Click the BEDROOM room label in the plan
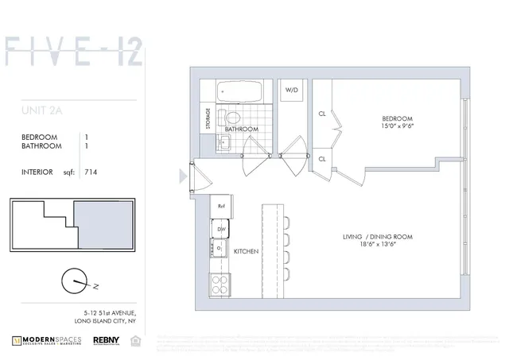click(397, 116)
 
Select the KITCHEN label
click(247, 252)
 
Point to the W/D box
click(292, 91)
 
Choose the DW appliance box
click(221, 229)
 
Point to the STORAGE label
click(209, 118)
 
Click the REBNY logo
click(107, 339)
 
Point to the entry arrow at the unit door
click(185, 173)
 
